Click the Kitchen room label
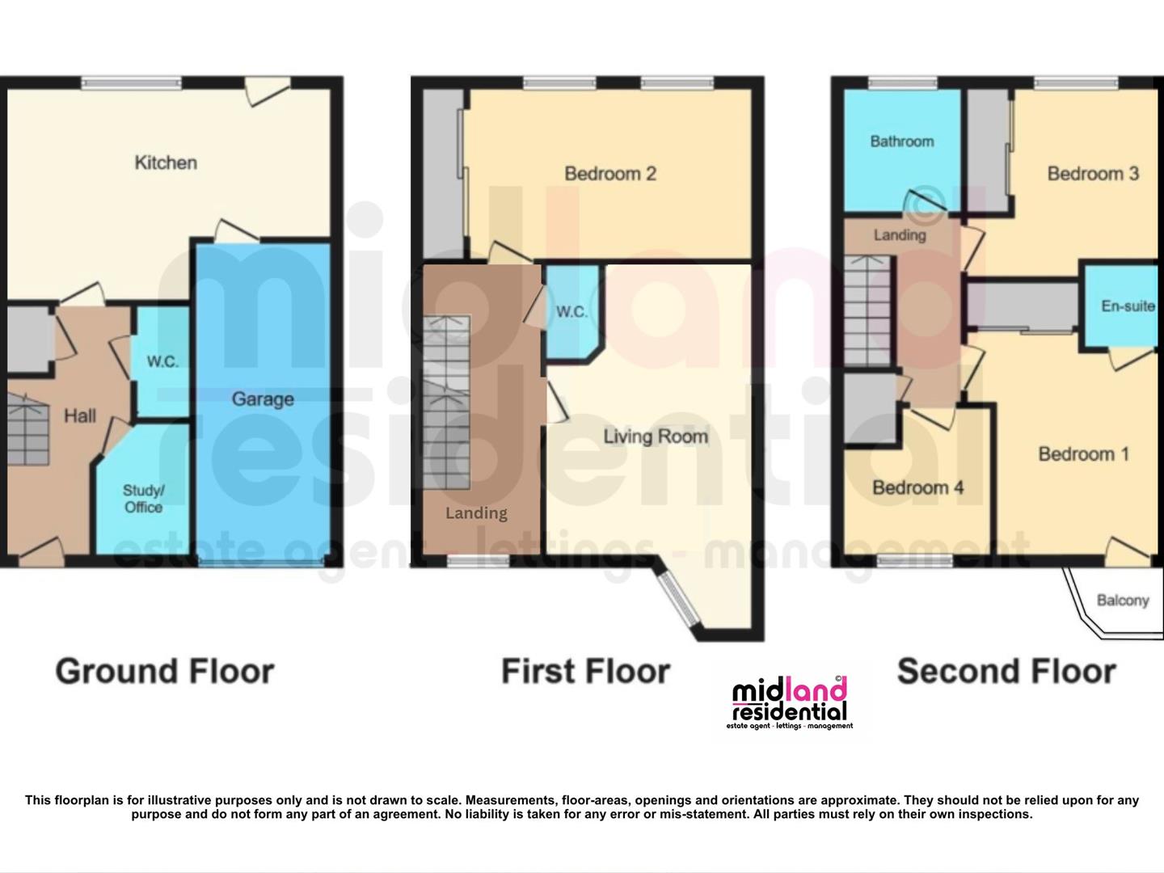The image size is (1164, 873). [166, 162]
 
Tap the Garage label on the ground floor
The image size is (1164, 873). [263, 399]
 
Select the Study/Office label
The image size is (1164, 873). [143, 499]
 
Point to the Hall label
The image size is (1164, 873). [80, 415]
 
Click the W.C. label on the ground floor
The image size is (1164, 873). [162, 361]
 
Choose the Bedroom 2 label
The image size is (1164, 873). [610, 174]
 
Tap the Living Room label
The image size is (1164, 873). [656, 436]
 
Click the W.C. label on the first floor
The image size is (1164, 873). [571, 311]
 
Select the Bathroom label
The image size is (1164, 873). [902, 141]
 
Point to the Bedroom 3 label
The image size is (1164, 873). [1093, 174]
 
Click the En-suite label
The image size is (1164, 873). [1128, 306]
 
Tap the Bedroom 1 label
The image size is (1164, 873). [1083, 453]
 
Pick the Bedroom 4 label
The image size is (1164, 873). [918, 487]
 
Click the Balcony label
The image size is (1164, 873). [1123, 601]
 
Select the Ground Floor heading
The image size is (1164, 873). [165, 672]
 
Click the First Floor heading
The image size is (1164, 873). [586, 672]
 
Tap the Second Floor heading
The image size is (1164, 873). [1006, 672]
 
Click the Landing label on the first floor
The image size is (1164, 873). [477, 513]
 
